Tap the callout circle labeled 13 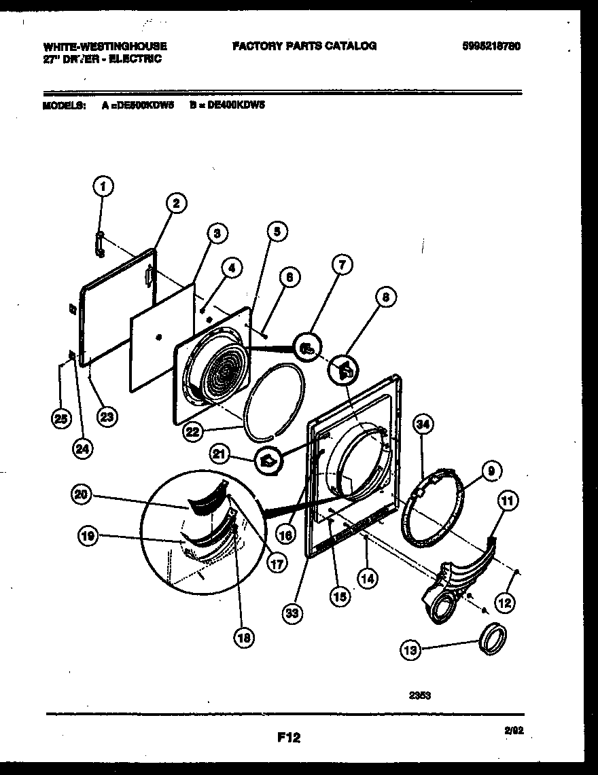(410, 650)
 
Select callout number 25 (60, 418)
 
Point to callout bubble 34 (423, 425)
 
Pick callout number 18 (243, 636)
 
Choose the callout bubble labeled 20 (82, 496)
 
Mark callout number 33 (292, 613)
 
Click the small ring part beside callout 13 (493, 639)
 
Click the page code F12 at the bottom (289, 736)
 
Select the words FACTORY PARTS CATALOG (304, 46)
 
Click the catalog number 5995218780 (491, 46)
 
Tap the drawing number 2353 (419, 694)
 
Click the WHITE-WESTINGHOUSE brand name (105, 46)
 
